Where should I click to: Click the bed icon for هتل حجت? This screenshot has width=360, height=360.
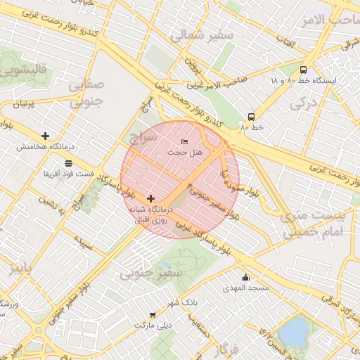[185, 143]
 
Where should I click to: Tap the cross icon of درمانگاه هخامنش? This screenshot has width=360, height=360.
[46, 136]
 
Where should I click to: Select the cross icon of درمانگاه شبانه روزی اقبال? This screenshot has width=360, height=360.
[151, 199]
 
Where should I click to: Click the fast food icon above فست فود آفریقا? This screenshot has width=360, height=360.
[68, 162]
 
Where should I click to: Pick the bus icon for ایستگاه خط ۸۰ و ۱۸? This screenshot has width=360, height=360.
[303, 70]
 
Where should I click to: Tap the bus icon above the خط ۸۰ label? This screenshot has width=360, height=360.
[251, 117]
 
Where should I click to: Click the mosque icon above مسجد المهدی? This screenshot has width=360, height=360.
[245, 277]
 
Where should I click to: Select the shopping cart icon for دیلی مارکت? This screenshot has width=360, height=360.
[153, 315]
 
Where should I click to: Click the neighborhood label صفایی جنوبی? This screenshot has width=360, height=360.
[86, 92]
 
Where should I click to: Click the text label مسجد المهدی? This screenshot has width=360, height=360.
[241, 288]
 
